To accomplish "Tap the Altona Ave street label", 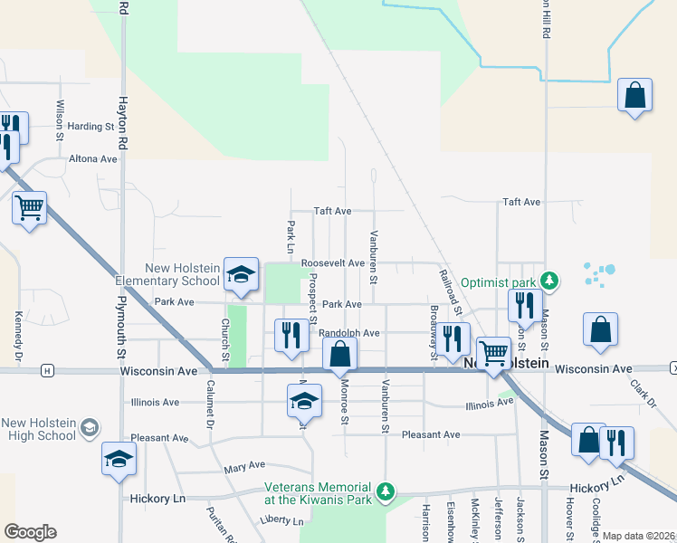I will (94, 158).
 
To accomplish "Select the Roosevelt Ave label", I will (333, 263).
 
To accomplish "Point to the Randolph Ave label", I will (349, 333).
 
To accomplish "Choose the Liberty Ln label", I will (281, 520).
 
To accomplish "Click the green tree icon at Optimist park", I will (547, 281).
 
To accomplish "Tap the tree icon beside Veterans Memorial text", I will (386, 491).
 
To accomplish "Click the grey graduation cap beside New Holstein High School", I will (89, 426).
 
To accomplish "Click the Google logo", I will (30, 531).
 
